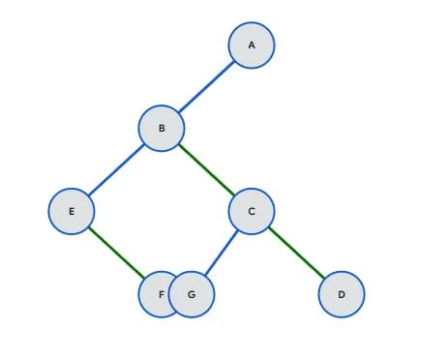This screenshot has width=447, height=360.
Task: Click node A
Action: tap(252, 45)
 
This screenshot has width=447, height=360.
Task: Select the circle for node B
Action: tap(162, 128)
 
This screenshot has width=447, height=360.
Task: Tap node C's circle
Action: tap(252, 210)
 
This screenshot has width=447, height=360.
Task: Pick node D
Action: tap(342, 293)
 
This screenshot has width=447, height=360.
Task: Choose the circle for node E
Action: tap(72, 210)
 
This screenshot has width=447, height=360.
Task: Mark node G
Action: tap(192, 293)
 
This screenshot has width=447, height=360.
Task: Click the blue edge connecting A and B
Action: tap(206, 86)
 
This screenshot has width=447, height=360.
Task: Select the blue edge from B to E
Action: tap(116, 169)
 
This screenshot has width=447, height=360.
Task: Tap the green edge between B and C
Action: tap(206, 169)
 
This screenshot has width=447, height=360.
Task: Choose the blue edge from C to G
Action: tap(222, 252)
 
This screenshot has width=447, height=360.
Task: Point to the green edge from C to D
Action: tap(296, 252)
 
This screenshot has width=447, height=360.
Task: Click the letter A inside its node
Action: tap(252, 45)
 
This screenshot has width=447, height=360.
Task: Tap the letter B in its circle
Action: tap(162, 128)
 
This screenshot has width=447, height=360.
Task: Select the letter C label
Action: tap(252, 210)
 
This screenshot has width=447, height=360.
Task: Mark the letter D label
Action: tap(342, 293)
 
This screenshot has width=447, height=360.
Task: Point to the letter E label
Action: tap(72, 210)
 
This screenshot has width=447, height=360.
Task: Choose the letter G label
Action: tap(192, 293)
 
